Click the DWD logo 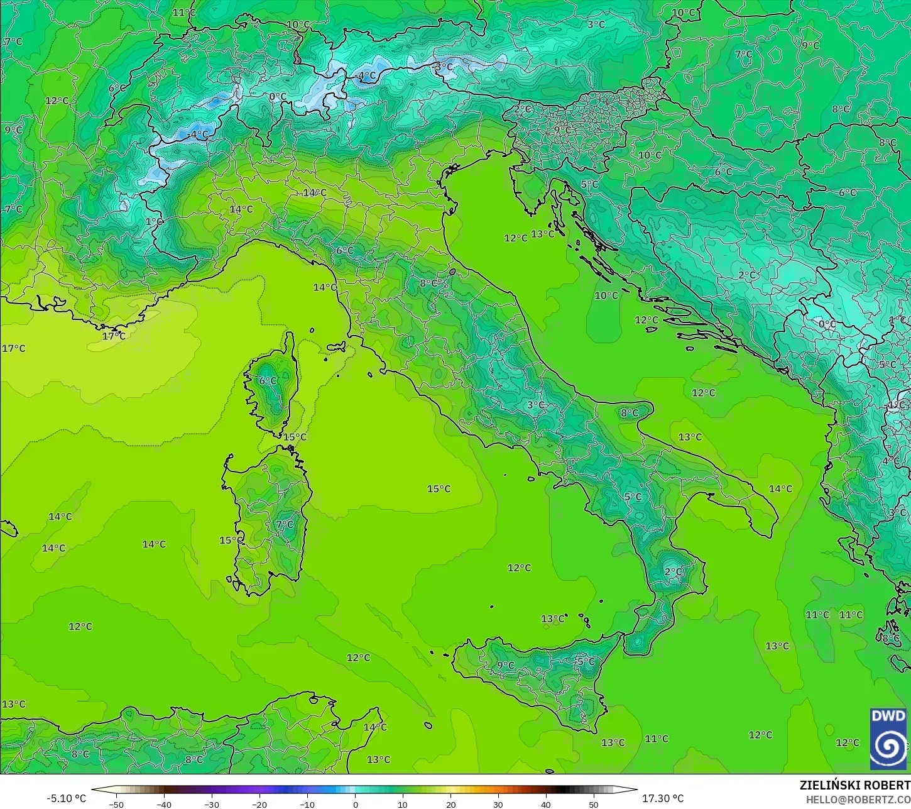click(x=888, y=739)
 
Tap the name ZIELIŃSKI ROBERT click(x=854, y=785)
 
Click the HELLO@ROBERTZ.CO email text click(x=858, y=799)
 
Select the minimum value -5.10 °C click(x=66, y=798)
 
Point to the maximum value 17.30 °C click(x=662, y=798)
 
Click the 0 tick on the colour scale click(x=355, y=803)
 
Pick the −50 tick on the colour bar click(x=116, y=803)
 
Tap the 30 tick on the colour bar click(x=498, y=803)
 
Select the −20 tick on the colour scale click(x=259, y=803)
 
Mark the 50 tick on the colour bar click(x=594, y=803)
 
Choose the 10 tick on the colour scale click(x=403, y=803)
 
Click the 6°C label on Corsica click(x=268, y=381)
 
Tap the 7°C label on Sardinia click(x=284, y=524)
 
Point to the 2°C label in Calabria click(x=674, y=572)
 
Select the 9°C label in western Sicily click(x=505, y=665)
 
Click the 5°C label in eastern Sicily click(x=586, y=661)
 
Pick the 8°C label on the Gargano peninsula click(x=630, y=413)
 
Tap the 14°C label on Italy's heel click(x=780, y=488)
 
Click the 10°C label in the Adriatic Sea click(x=606, y=295)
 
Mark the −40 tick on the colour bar click(x=164, y=803)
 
